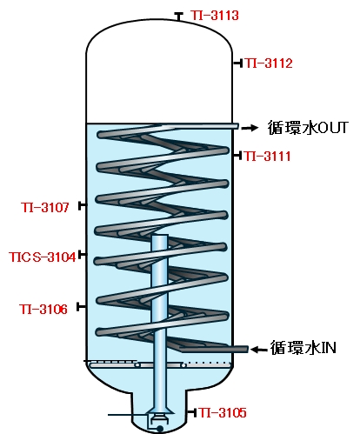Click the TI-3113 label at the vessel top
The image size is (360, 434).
(x=215, y=16)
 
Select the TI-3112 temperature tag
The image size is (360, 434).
(x=269, y=63)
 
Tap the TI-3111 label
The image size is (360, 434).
(x=267, y=156)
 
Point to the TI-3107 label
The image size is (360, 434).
(x=45, y=207)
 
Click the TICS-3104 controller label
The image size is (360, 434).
(x=43, y=257)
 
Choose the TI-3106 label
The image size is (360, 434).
(x=43, y=310)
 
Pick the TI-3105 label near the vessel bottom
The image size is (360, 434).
(x=223, y=412)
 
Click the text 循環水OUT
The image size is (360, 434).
(x=308, y=128)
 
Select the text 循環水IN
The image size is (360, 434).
(x=303, y=347)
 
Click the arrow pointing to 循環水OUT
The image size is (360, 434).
(x=250, y=128)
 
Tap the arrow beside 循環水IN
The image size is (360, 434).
(x=258, y=350)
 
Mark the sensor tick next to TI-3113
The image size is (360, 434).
(x=178, y=17)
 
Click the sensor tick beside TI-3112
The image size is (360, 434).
(x=237, y=63)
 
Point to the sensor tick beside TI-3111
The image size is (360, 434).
(x=237, y=156)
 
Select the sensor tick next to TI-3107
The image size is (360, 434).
(x=83, y=205)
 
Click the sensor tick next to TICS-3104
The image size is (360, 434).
(x=83, y=255)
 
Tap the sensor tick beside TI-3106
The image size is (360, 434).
(x=81, y=307)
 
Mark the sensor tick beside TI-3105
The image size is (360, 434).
(x=192, y=412)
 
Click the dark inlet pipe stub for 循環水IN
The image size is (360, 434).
(x=214, y=349)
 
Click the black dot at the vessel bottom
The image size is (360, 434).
(x=160, y=428)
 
